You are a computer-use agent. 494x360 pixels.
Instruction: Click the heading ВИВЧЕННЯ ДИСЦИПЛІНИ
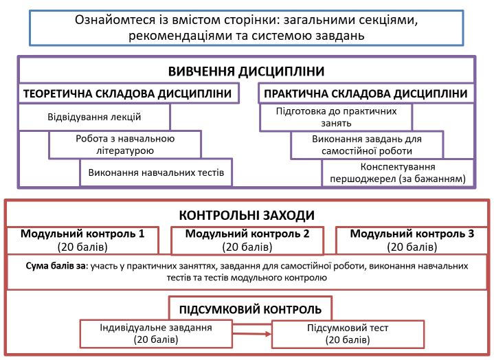coord(246,72)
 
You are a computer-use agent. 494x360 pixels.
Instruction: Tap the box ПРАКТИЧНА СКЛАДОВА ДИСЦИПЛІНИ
coord(366,93)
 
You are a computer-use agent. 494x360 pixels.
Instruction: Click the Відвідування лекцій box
coord(94,117)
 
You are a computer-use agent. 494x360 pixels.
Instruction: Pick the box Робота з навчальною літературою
coord(124,144)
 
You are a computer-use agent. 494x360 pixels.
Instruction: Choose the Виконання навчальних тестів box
coord(156,172)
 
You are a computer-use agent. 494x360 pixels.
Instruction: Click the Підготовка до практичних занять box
coord(335,117)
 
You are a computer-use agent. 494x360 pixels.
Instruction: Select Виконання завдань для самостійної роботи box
coord(366,144)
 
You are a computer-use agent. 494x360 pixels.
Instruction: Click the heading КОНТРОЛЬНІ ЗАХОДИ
coord(246,214)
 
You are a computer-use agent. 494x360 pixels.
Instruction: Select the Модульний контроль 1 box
coord(82,240)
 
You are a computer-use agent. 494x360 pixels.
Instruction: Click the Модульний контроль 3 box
coord(412,240)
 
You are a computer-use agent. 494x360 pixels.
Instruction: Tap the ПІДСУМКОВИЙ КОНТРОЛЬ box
coord(250,306)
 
